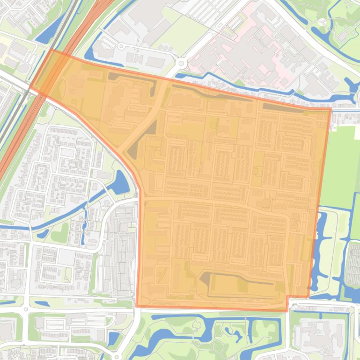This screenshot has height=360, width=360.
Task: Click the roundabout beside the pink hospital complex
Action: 181,63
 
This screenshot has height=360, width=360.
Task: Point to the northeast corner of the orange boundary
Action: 331,109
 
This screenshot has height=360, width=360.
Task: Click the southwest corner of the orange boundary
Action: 137,306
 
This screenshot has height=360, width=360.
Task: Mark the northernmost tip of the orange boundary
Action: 51,49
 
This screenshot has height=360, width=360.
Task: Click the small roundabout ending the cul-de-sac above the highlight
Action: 122,46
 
